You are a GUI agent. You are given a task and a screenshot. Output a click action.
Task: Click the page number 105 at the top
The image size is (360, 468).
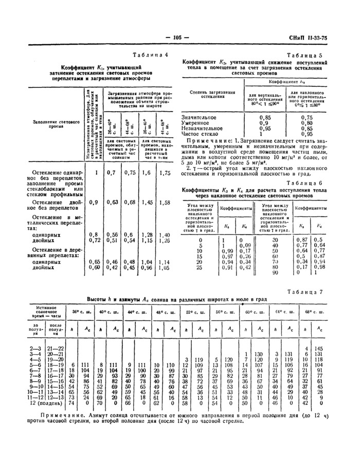178,37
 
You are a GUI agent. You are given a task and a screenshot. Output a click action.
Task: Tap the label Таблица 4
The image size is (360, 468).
150,56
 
